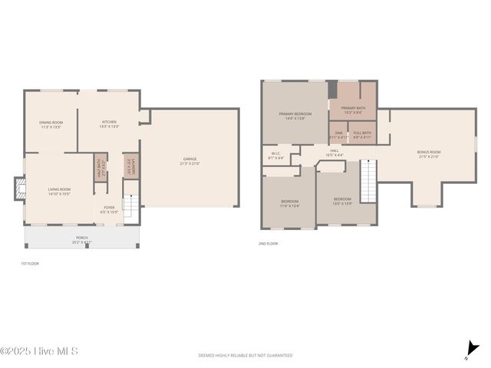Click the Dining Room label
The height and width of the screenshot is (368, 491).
(x=51, y=124)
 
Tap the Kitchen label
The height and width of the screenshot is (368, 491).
(x=110, y=124)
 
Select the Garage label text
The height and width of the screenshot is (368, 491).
(x=189, y=161)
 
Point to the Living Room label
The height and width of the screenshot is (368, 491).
(x=60, y=191)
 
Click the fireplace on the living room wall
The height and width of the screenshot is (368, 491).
(x=19, y=189)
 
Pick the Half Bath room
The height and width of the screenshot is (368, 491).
(x=100, y=166)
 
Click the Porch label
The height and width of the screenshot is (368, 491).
(x=81, y=239)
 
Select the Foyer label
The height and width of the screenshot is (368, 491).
(x=110, y=209)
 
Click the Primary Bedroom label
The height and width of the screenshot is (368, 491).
(x=295, y=116)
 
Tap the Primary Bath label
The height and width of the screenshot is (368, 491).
(x=353, y=110)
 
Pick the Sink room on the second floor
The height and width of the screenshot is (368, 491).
(x=338, y=135)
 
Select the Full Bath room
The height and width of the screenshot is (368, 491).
(x=362, y=135)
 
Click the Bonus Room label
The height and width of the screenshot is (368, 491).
(x=429, y=153)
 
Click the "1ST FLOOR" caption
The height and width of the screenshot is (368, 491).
(x=29, y=263)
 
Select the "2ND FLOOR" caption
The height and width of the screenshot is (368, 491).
(x=268, y=244)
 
